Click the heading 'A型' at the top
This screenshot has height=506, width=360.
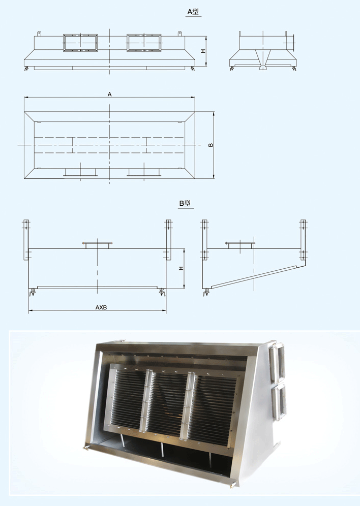[x=194, y=11]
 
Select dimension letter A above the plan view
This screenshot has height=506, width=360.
[x=109, y=94]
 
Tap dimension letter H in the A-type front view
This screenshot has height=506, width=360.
[x=202, y=51]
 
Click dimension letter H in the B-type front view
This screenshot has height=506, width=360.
[x=181, y=268]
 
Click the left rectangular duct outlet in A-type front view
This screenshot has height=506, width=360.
[x=79, y=43]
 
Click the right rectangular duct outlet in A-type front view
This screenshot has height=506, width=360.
[x=143, y=43]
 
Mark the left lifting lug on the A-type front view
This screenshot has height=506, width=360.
[x=39, y=34]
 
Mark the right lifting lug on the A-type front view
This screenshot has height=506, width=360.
[x=179, y=34]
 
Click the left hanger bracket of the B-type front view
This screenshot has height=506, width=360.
[x=26, y=240]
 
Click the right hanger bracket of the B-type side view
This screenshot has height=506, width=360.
[x=303, y=240]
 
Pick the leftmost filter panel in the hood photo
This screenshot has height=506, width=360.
[x=127, y=399]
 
